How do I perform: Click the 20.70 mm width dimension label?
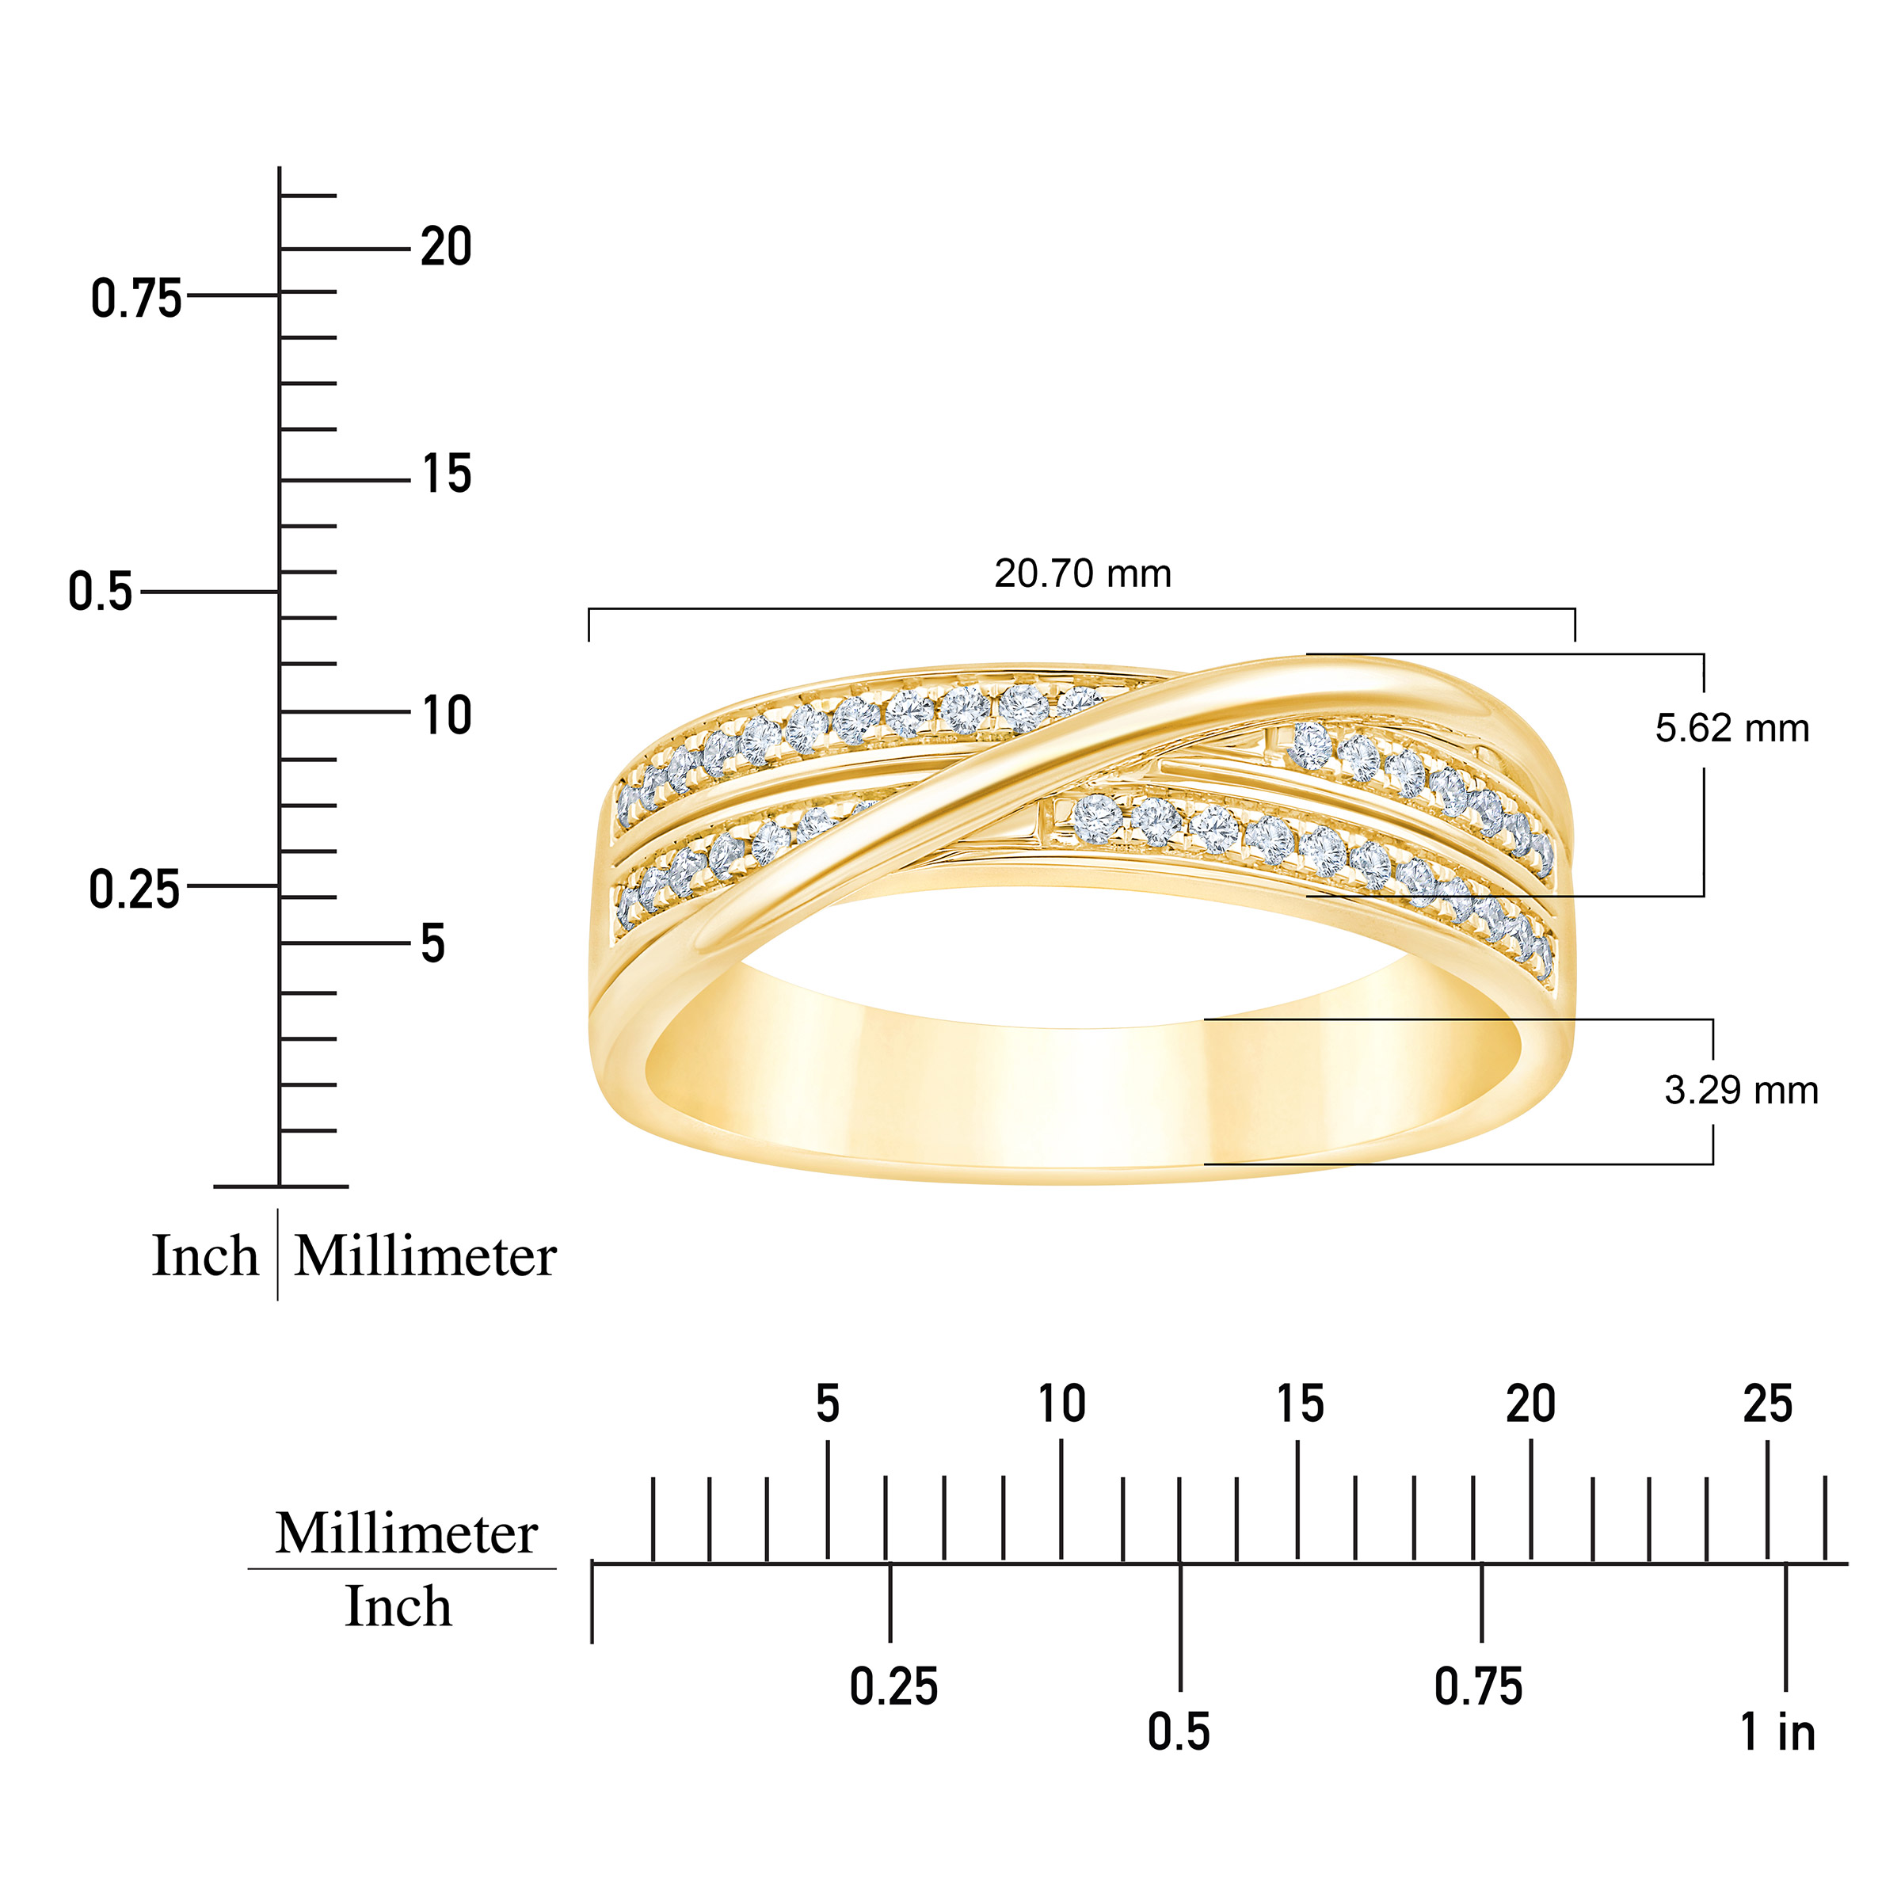(1082, 573)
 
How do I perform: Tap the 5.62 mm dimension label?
(1731, 728)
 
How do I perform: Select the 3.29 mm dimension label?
(1741, 1090)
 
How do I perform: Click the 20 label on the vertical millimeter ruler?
(446, 246)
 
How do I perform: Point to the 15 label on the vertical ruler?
(447, 474)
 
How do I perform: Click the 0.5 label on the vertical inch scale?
(99, 592)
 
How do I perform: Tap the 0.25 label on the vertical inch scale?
(134, 890)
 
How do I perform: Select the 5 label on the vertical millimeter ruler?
(433, 943)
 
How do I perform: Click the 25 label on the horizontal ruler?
(1767, 1404)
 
